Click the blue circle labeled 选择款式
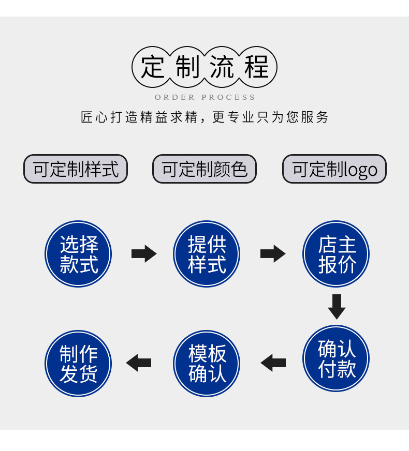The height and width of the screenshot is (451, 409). tap(78, 254)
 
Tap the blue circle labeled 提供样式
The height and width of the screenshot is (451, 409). tap(207, 254)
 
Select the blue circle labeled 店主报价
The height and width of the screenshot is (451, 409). tap(336, 254)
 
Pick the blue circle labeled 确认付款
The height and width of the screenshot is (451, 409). tap(336, 358)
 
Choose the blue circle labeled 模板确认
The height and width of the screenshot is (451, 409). tap(207, 363)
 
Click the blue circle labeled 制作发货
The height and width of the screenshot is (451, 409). tap(78, 363)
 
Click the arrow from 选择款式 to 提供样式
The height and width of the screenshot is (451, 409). tap(143, 254)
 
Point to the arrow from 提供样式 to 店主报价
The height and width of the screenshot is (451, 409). tap(272, 254)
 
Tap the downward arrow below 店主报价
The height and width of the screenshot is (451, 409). tap(337, 306)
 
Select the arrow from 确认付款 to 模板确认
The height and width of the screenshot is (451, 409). tap(273, 363)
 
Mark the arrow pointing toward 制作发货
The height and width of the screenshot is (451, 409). tap(139, 363)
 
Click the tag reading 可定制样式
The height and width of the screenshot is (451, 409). tap(76, 169)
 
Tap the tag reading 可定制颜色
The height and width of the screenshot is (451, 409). tap(204, 169)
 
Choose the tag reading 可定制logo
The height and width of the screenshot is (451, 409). tap(334, 169)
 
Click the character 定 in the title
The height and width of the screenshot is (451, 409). tap(153, 67)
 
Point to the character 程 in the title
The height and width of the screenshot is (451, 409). tap(257, 67)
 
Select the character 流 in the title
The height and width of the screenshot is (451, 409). tap(222, 67)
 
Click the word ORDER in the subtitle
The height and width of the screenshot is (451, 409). tap(174, 97)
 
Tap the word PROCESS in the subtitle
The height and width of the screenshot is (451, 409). tap(228, 97)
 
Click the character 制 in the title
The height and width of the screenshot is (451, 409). tap(187, 67)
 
